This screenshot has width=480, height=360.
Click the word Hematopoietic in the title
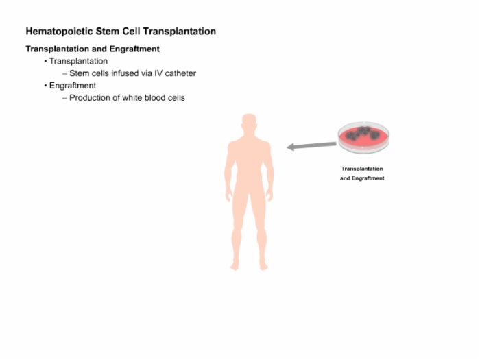pyautogui.click(x=60, y=32)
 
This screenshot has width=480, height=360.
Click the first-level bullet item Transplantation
pyautogui.click(x=78, y=61)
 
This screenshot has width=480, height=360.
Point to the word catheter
pyautogui.click(x=180, y=73)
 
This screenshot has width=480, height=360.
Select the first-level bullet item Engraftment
pyautogui.click(x=73, y=86)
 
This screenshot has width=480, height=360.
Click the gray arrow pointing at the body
pyautogui.click(x=311, y=145)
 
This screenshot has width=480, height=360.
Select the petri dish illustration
pyautogui.click(x=363, y=137)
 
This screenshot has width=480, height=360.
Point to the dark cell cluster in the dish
pyautogui.click(x=363, y=133)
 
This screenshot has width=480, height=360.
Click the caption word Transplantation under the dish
pyautogui.click(x=362, y=169)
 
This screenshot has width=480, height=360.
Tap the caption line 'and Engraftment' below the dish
pyautogui.click(x=362, y=178)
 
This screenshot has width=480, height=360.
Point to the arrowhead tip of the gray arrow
pyautogui.click(x=287, y=147)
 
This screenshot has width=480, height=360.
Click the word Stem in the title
pyautogui.click(x=108, y=32)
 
